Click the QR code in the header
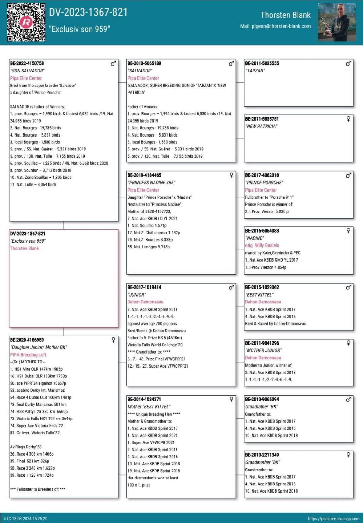26,22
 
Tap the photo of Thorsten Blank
337,22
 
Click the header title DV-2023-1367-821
88,12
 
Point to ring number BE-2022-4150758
27,63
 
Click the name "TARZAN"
255,71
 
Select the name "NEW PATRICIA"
261,127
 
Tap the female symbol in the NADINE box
348,230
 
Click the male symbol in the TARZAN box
348,63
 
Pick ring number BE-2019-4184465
144,175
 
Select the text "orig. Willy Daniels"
262,246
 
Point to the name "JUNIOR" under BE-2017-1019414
137,295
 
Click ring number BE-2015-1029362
262,288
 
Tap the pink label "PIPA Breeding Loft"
28,355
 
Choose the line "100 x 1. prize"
139,485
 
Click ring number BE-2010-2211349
262,455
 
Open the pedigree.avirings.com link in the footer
334,519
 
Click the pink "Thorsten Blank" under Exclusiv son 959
25,248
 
